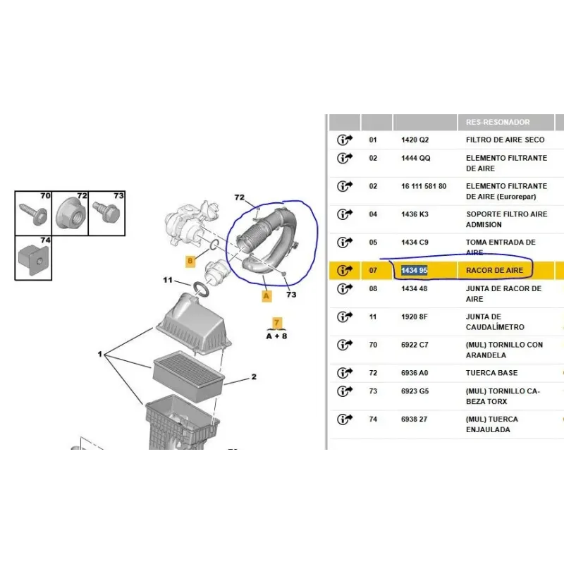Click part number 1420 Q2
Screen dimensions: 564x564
[x=415, y=140]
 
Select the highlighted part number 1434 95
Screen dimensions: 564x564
[x=415, y=271]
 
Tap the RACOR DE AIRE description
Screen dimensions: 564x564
[x=494, y=271]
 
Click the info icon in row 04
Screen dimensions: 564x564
[x=345, y=214]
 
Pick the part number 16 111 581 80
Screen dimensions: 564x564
[x=424, y=186]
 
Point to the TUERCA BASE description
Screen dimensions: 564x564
[x=491, y=373]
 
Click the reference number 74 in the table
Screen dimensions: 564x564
[x=373, y=419]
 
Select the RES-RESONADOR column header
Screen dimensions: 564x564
[x=498, y=122]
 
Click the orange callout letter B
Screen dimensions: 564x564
[x=190, y=261]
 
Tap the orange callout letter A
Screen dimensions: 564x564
[x=266, y=296]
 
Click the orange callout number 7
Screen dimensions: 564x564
[x=276, y=323]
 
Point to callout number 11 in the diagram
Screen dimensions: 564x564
[x=168, y=280]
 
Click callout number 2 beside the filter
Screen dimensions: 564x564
[x=254, y=377]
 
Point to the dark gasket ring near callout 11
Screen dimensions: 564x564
[x=201, y=290]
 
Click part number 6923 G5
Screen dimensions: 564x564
[x=415, y=391]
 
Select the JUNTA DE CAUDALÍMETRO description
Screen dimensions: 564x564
[x=495, y=322]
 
